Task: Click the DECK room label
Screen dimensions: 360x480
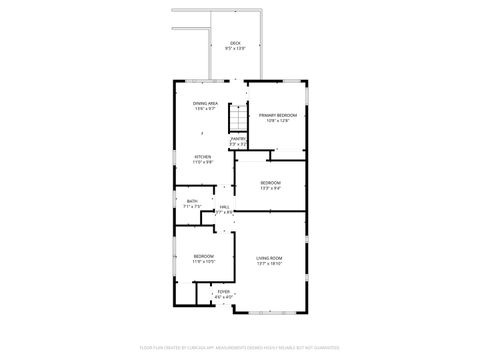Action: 235,43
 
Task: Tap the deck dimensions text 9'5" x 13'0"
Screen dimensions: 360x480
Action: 235,48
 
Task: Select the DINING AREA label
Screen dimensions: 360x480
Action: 206,103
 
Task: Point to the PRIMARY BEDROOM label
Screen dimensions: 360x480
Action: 278,115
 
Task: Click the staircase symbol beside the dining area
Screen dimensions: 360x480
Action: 236,118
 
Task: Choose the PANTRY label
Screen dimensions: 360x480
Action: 237,139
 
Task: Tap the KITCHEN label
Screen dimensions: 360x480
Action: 202,156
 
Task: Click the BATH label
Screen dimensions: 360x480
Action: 192,201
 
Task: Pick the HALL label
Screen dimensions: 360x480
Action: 224,207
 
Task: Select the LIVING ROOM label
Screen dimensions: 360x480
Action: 269,258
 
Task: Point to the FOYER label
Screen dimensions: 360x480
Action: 224,291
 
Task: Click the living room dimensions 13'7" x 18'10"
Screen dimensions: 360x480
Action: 269,264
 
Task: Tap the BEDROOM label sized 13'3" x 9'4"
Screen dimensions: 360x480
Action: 270,182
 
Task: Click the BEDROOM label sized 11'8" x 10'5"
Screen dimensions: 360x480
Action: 204,256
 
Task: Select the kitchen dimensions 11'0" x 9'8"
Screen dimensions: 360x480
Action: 202,162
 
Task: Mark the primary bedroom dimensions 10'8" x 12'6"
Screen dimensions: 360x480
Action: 278,121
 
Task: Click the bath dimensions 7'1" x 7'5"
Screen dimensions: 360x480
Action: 192,207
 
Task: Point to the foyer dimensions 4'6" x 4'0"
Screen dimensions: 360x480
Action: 224,297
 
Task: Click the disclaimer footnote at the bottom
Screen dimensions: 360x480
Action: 240,347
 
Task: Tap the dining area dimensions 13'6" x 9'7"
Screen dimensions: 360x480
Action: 206,109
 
